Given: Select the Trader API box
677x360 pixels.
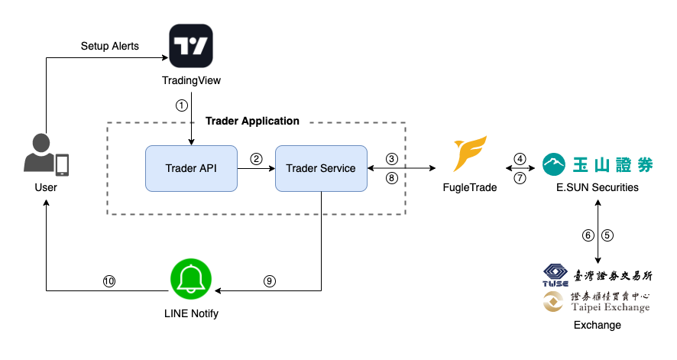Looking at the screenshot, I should tap(191, 168).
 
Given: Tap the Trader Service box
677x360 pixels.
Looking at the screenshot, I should tap(321, 168).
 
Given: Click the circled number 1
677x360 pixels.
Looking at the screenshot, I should tap(181, 105).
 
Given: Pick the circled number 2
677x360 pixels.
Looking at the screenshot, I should tap(256, 159).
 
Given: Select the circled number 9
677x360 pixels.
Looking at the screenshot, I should tap(269, 281).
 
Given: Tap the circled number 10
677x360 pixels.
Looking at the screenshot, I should tap(109, 281).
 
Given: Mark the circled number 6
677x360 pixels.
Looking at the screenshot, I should tap(588, 235).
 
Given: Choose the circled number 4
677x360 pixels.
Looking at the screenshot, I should tap(520, 159).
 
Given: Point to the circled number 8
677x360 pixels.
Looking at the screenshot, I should tap(391, 177).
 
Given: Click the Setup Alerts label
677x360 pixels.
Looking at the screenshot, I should tap(110, 46).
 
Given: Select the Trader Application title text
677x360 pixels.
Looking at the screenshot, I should tap(253, 121).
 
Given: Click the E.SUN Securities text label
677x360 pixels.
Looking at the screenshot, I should tap(597, 186).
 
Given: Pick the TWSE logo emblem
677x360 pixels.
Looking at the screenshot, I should tap(556, 276).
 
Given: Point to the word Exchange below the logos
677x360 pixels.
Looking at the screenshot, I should tap(598, 325).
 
